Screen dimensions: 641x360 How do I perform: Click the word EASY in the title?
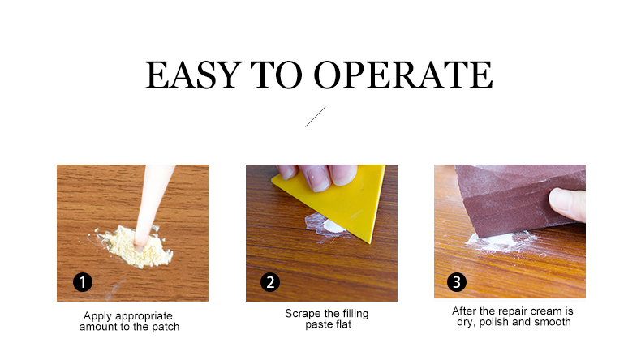pyautogui.click(x=193, y=75)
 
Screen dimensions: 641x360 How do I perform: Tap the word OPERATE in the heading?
pyautogui.click(x=403, y=75)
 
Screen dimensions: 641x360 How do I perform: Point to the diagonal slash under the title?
pyautogui.click(x=315, y=117)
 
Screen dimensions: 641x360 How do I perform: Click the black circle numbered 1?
pyautogui.click(x=83, y=282)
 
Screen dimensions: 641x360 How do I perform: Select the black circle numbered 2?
pyautogui.click(x=270, y=282)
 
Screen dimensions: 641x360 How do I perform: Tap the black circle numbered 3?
pyautogui.click(x=457, y=282)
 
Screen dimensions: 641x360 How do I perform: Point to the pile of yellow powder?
pyautogui.click(x=137, y=247)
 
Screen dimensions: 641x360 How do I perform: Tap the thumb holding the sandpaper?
pyautogui.click(x=567, y=204)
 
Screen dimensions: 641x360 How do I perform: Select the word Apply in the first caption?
pyautogui.click(x=97, y=316)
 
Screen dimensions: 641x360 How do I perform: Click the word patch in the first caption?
pyautogui.click(x=166, y=327)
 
